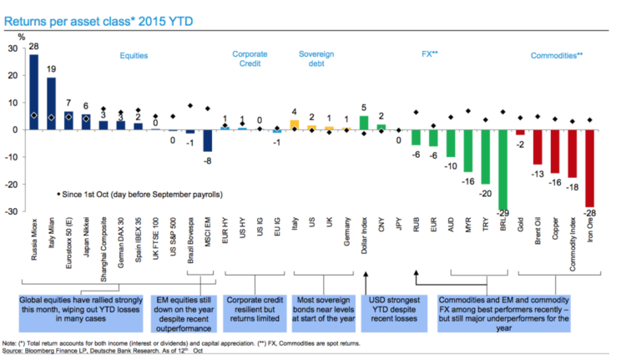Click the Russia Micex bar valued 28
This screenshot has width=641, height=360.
[x=33, y=92]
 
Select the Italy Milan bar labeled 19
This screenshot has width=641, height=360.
[x=51, y=104]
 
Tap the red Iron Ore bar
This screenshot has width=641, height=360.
[x=589, y=168]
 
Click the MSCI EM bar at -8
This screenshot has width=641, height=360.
[x=208, y=140]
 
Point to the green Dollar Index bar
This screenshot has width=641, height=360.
[x=363, y=123]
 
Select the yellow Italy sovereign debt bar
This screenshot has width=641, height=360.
[x=295, y=124]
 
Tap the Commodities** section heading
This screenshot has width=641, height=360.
[x=556, y=55]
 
